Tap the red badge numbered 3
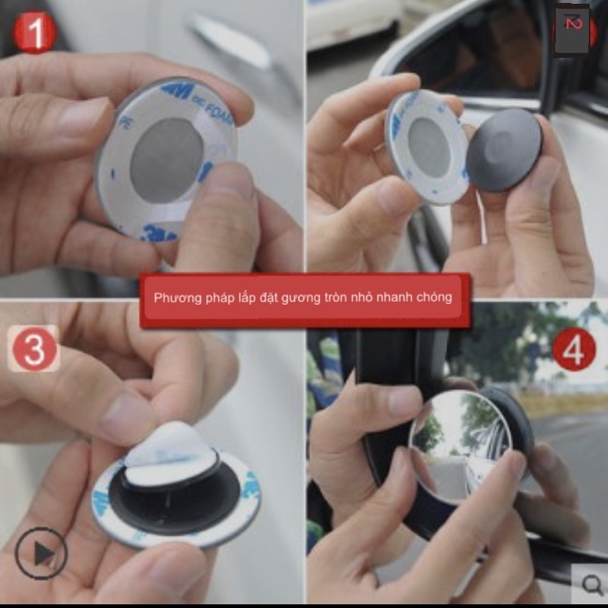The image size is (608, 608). click(34, 348)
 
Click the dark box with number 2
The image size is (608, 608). click(572, 29)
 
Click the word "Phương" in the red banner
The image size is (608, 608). click(177, 297)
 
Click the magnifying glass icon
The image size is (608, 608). click(591, 584)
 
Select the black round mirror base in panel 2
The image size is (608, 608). click(504, 150)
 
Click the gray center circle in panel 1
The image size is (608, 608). click(166, 159)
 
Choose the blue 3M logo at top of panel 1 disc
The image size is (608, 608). click(176, 90)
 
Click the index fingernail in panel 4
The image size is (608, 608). click(404, 401)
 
